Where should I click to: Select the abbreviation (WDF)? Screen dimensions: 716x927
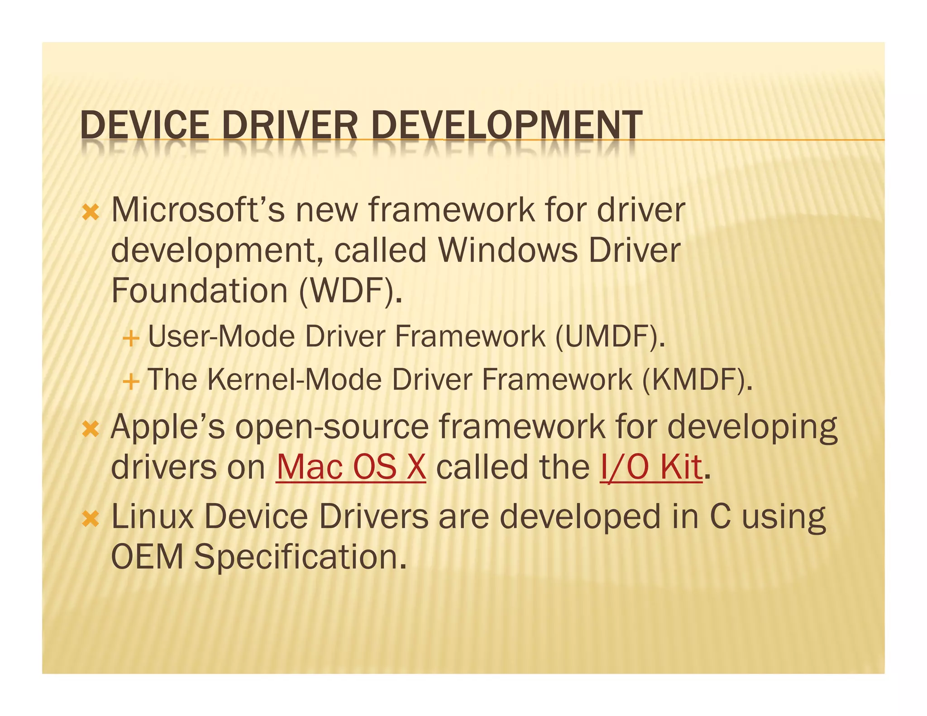coord(350,291)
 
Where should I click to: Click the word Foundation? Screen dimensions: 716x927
coord(199,291)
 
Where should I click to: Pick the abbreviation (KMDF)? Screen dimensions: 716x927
coord(698,379)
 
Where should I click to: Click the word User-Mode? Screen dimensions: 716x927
coord(221,337)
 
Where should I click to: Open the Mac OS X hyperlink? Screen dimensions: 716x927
coord(351,467)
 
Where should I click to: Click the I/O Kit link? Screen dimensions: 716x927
coord(651,467)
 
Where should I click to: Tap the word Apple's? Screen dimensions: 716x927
coord(167,427)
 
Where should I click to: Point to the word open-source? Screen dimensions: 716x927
coord(332,427)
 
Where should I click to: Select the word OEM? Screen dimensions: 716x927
coord(147,557)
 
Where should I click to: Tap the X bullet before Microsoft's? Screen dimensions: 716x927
coord(91,212)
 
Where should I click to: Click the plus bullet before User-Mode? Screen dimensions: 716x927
coord(130,338)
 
